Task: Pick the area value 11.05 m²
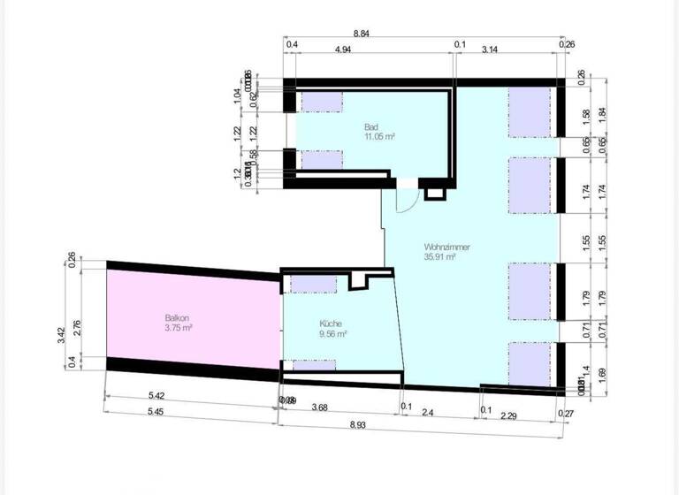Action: [378, 137]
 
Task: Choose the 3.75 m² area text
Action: [178, 327]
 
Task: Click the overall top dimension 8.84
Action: [362, 33]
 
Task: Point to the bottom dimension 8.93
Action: [358, 425]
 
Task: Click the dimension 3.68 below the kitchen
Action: [327, 407]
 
